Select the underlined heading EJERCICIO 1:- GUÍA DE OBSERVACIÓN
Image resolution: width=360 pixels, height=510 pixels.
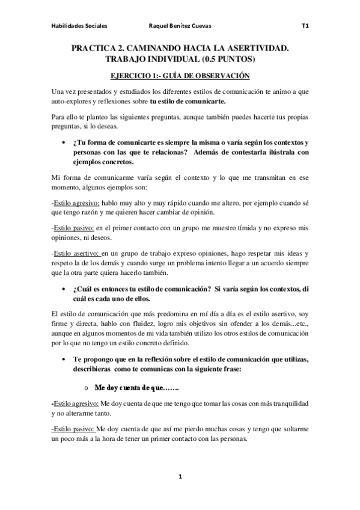(x=180, y=76)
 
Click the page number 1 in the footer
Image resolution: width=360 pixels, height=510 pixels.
(x=180, y=477)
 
